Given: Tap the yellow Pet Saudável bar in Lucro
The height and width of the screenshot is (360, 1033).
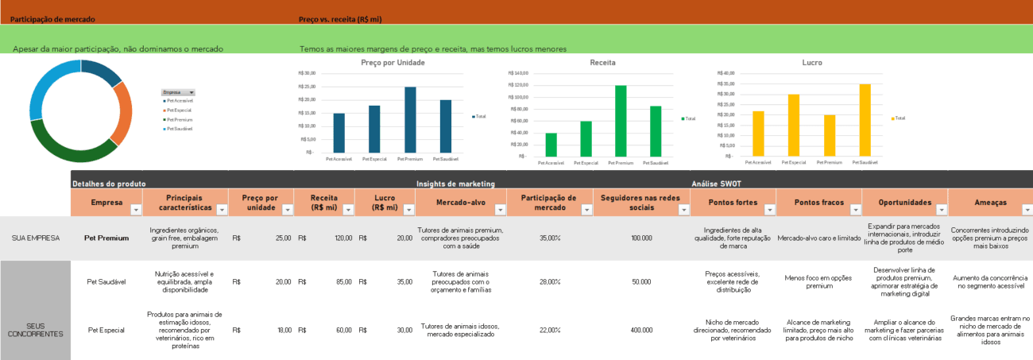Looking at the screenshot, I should tap(865, 120).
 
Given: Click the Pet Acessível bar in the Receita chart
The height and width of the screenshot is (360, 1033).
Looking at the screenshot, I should tap(551, 145).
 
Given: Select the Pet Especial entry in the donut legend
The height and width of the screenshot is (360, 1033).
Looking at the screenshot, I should tap(179, 110).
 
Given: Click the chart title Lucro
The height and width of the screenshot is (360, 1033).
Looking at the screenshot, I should tap(812, 62).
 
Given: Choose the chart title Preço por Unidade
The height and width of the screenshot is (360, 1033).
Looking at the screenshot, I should tap(393, 62).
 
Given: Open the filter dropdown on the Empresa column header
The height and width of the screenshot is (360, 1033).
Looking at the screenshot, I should tap(135, 210).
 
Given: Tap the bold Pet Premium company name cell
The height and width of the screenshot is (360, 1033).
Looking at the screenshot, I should tap(106, 238).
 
